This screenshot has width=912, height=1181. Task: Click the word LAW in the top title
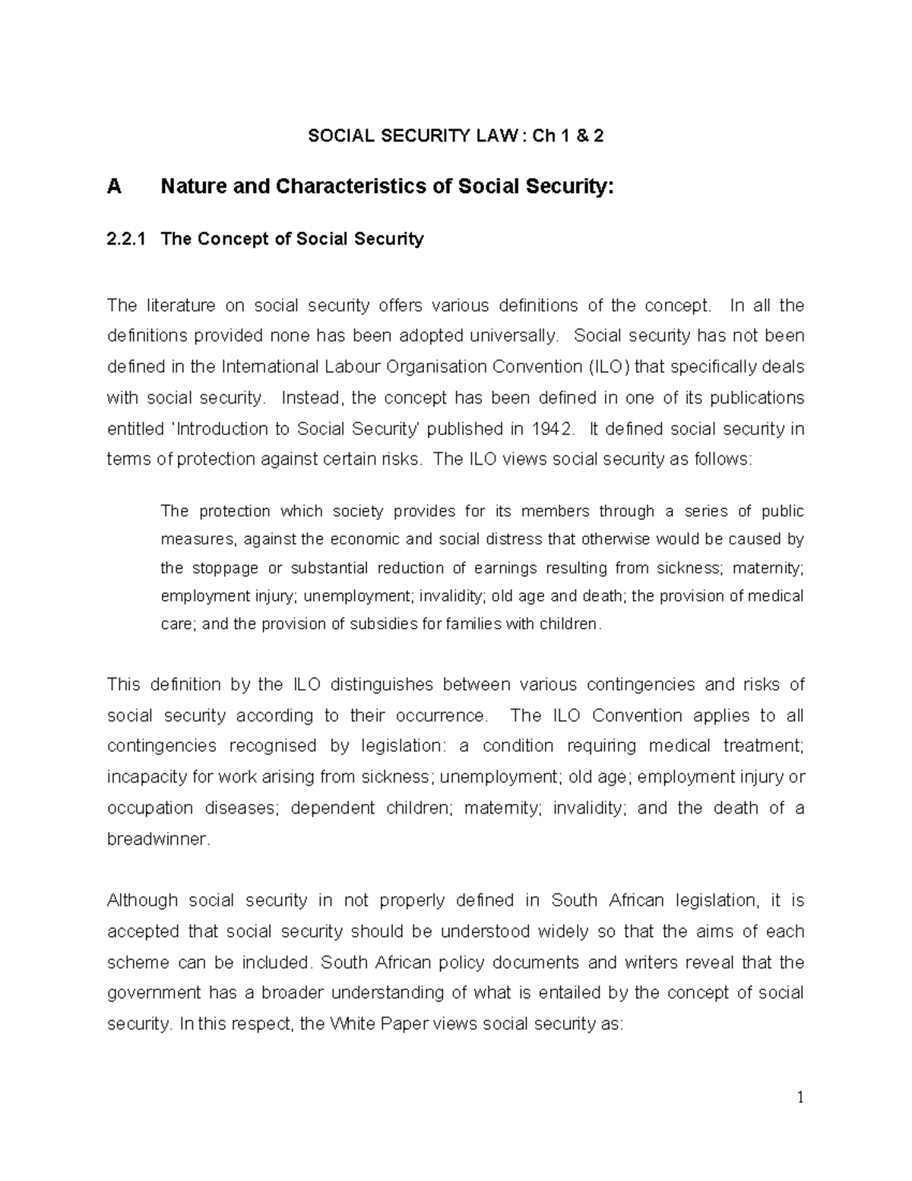[x=498, y=136]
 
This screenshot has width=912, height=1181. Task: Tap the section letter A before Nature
[x=114, y=186]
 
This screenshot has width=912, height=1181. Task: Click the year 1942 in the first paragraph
[x=551, y=429]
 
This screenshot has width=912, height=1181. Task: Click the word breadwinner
[x=157, y=840]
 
